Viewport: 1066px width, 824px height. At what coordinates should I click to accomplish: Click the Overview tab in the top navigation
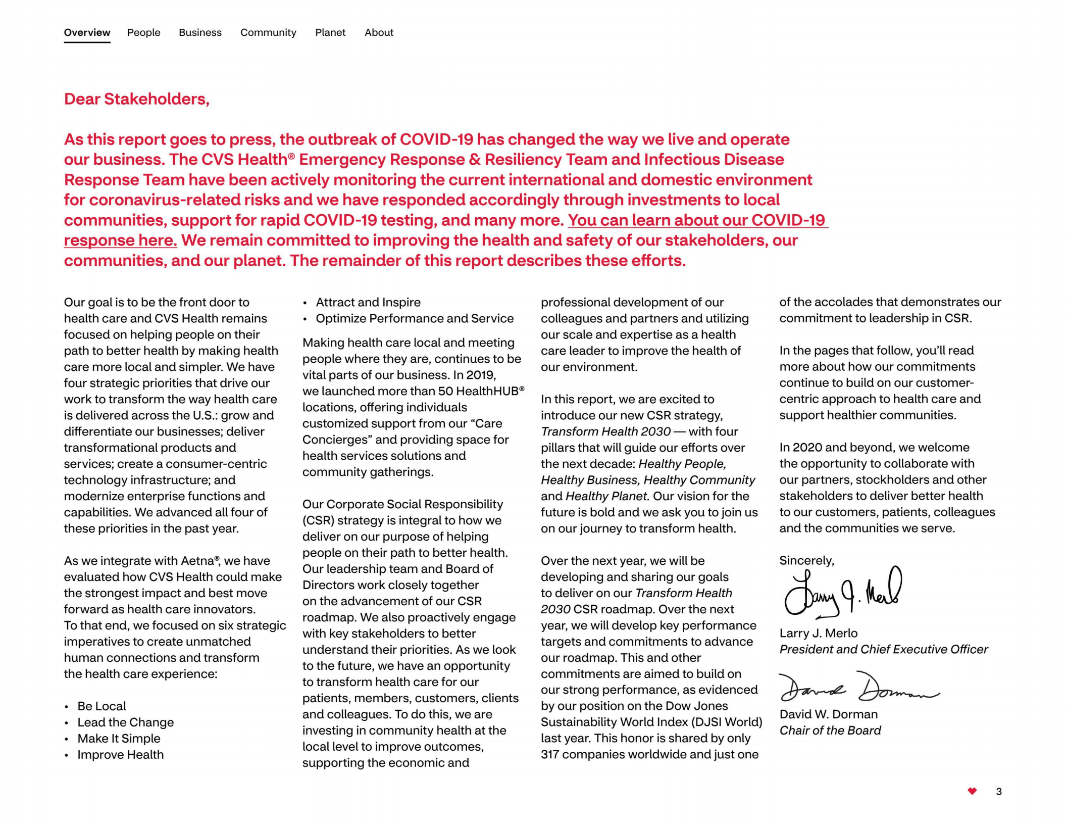click(x=87, y=32)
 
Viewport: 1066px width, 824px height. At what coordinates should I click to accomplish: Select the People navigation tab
click(x=143, y=32)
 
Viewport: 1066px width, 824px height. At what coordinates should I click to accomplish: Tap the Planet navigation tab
click(x=330, y=32)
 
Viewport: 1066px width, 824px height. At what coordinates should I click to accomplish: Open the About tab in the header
click(x=379, y=32)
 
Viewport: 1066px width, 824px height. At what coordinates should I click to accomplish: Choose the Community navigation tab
click(x=268, y=32)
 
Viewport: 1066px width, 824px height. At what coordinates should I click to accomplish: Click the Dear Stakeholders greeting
click(x=136, y=99)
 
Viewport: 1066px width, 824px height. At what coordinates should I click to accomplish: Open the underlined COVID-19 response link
click(x=697, y=220)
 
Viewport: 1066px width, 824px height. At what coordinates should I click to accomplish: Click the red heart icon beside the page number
click(x=972, y=791)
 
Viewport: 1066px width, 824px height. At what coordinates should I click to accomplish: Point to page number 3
click(x=998, y=791)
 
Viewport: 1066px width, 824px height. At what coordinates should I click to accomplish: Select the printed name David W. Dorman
click(x=828, y=714)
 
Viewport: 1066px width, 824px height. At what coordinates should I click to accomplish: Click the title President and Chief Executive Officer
click(x=883, y=649)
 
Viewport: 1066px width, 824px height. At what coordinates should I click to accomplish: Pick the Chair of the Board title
click(x=830, y=730)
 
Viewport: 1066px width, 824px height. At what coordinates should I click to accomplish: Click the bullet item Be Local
click(x=101, y=706)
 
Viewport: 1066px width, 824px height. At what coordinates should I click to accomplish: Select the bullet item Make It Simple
click(x=119, y=738)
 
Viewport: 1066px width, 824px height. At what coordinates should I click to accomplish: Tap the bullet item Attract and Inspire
click(x=368, y=302)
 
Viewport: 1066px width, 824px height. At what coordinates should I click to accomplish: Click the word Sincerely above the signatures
click(x=806, y=560)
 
